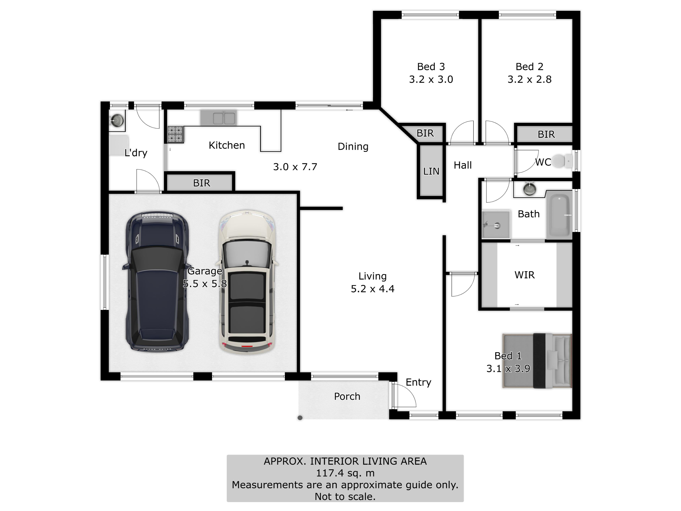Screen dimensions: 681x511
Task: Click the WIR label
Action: (x=525, y=275)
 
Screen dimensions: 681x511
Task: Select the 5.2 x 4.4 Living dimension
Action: (x=373, y=289)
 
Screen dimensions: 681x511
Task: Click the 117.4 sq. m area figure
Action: (x=345, y=473)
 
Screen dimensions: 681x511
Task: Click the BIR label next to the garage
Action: (x=202, y=183)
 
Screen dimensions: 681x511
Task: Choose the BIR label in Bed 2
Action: (x=546, y=134)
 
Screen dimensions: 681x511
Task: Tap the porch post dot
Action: (x=300, y=418)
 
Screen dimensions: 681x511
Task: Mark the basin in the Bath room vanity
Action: (x=529, y=188)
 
